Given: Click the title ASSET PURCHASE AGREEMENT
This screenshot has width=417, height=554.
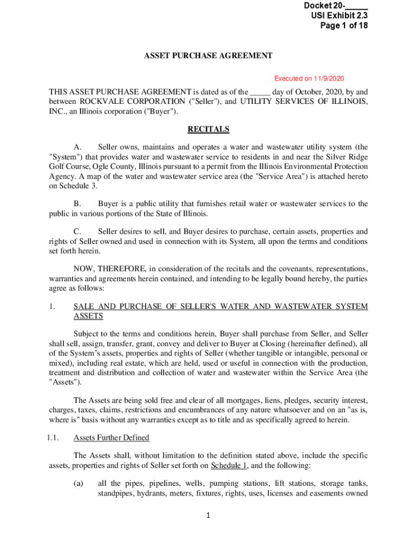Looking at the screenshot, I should (x=208, y=56).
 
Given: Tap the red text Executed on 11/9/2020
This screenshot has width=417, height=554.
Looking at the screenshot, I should (x=309, y=78).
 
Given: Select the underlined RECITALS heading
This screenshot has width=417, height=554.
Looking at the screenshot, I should (x=208, y=129).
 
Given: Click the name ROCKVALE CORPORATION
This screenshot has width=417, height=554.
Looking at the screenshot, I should (x=133, y=101).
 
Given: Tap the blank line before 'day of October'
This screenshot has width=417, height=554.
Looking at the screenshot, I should (x=260, y=92).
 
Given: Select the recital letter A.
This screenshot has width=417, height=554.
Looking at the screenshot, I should (x=77, y=147).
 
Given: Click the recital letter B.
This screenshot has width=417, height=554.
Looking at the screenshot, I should (x=77, y=204).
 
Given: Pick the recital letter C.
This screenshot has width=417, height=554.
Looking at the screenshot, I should (x=77, y=232).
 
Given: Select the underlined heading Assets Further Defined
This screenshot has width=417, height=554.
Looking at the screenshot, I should (x=111, y=438).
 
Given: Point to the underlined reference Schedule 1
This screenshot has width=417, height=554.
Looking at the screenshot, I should (x=229, y=465).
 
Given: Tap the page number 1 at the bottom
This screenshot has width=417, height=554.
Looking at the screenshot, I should (x=208, y=516).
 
